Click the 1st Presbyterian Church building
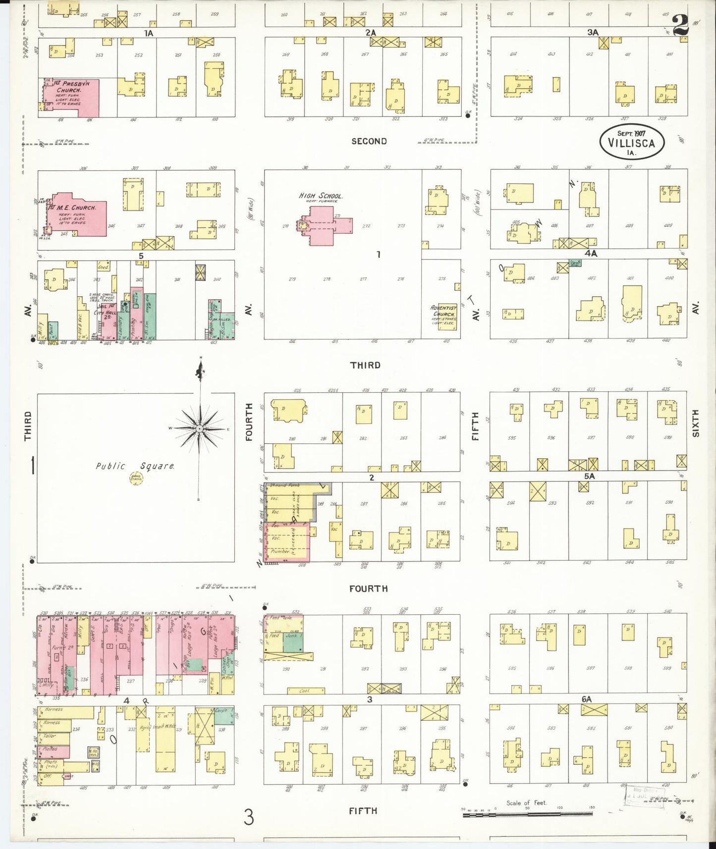72,97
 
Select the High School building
325,226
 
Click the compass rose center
199,428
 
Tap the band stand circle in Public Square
136,478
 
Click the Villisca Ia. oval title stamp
631,141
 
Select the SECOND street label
369,141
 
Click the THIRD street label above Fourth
365,365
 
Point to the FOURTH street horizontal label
368,588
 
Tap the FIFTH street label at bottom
363,811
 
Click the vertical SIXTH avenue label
695,424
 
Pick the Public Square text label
135,466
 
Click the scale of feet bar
528,813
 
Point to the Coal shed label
306,690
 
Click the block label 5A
589,476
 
